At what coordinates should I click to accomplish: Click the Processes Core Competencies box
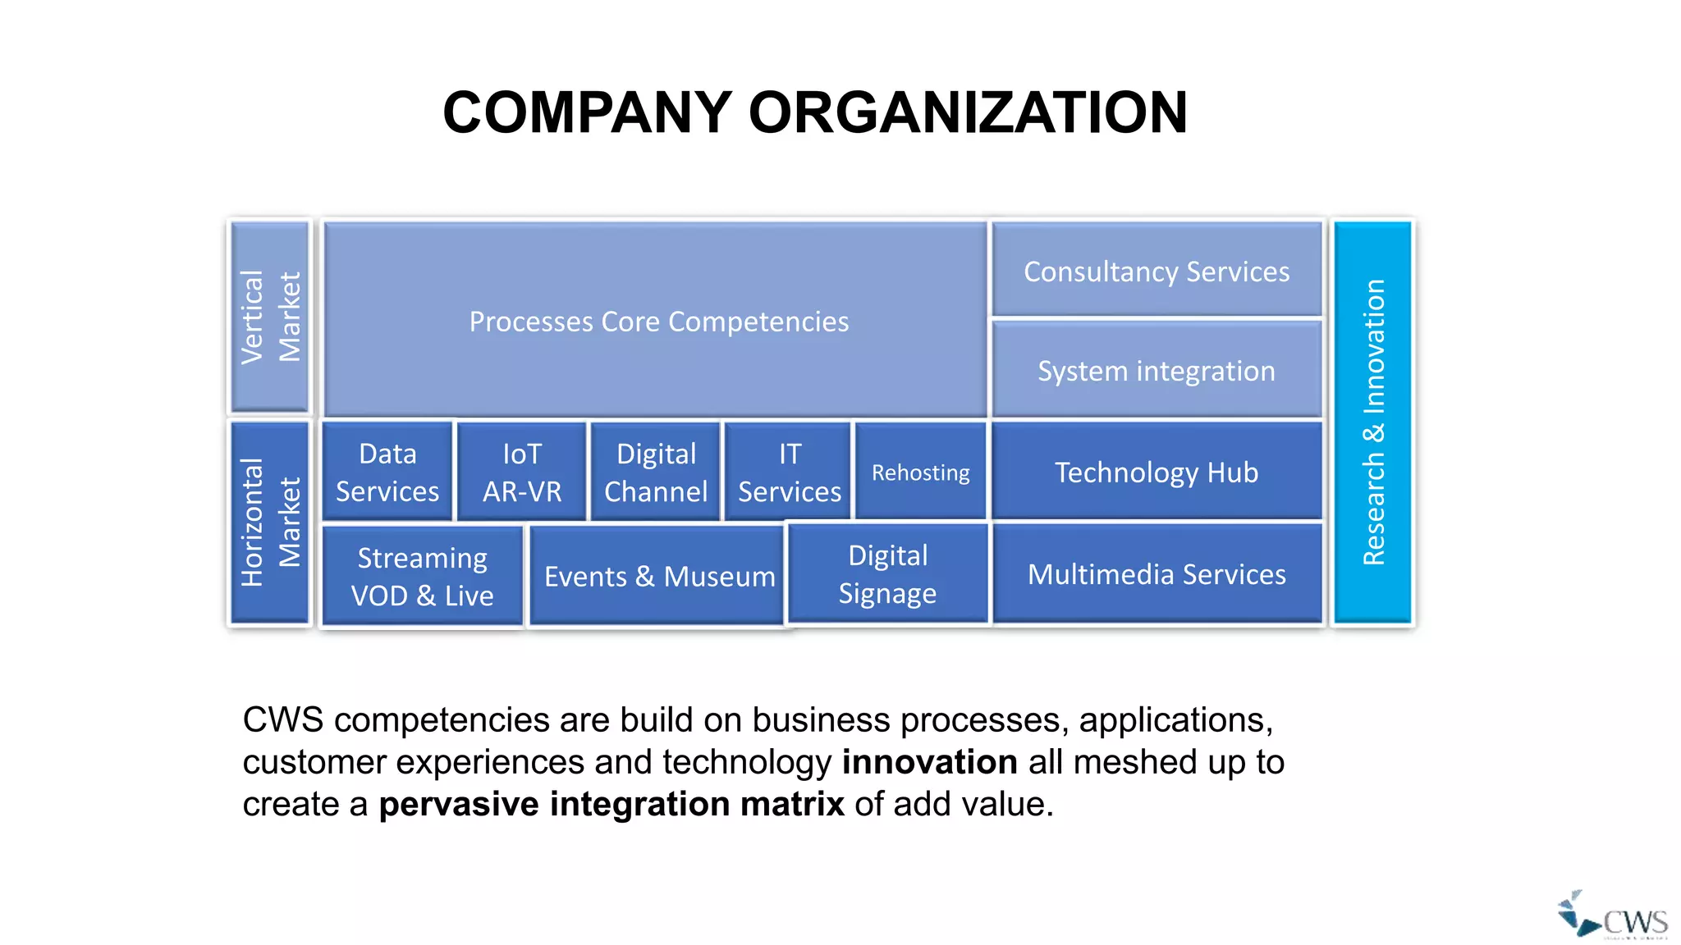(x=657, y=321)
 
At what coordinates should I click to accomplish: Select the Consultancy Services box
(x=1157, y=271)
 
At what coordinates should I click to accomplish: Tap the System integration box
(x=1157, y=370)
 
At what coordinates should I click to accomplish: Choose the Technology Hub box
(x=1157, y=472)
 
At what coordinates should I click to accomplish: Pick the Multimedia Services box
(x=1157, y=574)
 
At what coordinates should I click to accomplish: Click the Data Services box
(x=387, y=472)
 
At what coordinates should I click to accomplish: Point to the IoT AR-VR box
(x=522, y=472)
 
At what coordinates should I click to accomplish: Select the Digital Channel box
(x=656, y=472)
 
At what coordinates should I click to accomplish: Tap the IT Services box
(x=789, y=472)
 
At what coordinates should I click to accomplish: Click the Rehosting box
(x=920, y=472)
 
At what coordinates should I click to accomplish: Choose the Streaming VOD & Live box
(x=423, y=576)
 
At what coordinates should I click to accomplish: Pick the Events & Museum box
(x=657, y=576)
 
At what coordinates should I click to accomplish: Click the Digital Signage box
(x=887, y=574)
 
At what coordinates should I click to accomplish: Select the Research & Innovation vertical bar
(x=1373, y=422)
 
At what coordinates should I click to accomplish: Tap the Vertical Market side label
(x=270, y=317)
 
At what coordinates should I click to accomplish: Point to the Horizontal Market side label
(x=270, y=523)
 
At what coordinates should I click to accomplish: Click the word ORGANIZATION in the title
(x=968, y=112)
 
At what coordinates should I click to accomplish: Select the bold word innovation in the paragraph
(x=929, y=762)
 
